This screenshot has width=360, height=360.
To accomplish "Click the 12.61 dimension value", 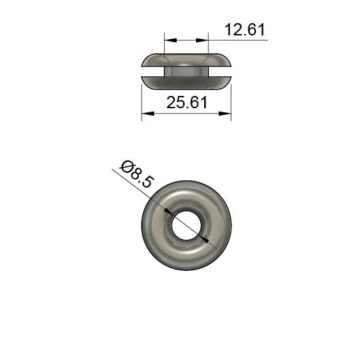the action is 245,30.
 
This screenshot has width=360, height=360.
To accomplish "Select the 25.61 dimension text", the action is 187,102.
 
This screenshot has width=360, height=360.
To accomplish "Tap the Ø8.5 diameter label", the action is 136,174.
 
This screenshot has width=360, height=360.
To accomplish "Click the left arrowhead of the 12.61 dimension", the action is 171,40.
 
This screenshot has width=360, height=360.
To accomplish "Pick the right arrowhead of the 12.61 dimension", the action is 202,40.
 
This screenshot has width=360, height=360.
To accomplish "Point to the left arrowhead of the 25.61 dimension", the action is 148,114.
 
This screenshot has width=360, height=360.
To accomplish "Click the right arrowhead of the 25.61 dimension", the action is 225,114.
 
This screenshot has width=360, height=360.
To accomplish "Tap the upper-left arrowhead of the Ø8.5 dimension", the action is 168,212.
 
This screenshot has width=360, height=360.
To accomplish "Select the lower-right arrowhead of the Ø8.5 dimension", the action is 204,240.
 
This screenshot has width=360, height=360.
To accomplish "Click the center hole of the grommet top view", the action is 186,225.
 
